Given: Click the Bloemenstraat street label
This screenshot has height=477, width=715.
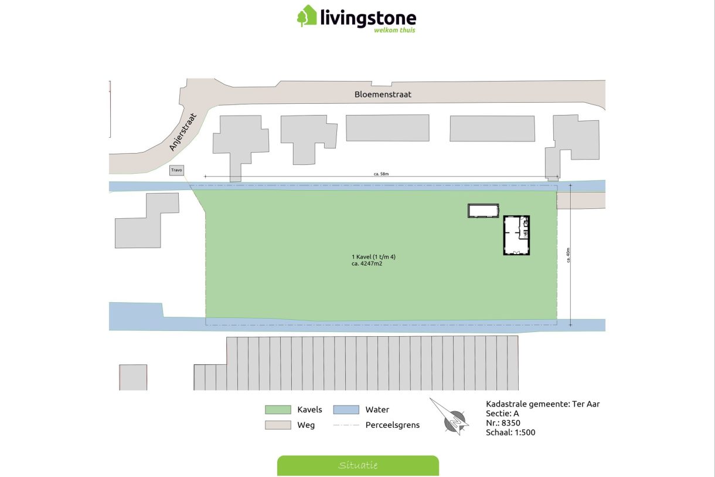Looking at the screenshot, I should [x=383, y=94].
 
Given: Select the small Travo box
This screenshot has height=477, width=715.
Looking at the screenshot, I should [x=176, y=170].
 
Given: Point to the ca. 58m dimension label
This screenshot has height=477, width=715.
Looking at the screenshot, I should [x=382, y=174].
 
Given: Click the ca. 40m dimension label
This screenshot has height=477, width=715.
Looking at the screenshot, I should [x=568, y=255].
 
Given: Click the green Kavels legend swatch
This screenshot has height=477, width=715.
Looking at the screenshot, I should [x=278, y=410].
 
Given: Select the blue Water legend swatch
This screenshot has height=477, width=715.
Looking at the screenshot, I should [x=346, y=410].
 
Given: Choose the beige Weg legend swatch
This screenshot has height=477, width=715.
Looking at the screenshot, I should [x=278, y=425].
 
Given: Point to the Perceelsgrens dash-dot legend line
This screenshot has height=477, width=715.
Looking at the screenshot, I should [x=346, y=425].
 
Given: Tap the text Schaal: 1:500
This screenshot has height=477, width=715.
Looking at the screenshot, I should [x=510, y=432].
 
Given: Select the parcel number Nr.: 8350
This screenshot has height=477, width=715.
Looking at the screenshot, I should [x=503, y=423].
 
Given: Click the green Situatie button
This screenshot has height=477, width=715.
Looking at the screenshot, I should [x=357, y=465].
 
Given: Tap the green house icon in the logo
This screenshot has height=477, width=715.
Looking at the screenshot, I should [x=307, y=16].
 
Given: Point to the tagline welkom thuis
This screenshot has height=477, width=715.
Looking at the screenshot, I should [x=394, y=30].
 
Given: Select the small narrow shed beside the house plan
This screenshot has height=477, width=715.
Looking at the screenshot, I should [x=483, y=211].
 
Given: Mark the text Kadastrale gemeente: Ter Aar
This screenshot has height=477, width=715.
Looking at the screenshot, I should [x=543, y=404].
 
